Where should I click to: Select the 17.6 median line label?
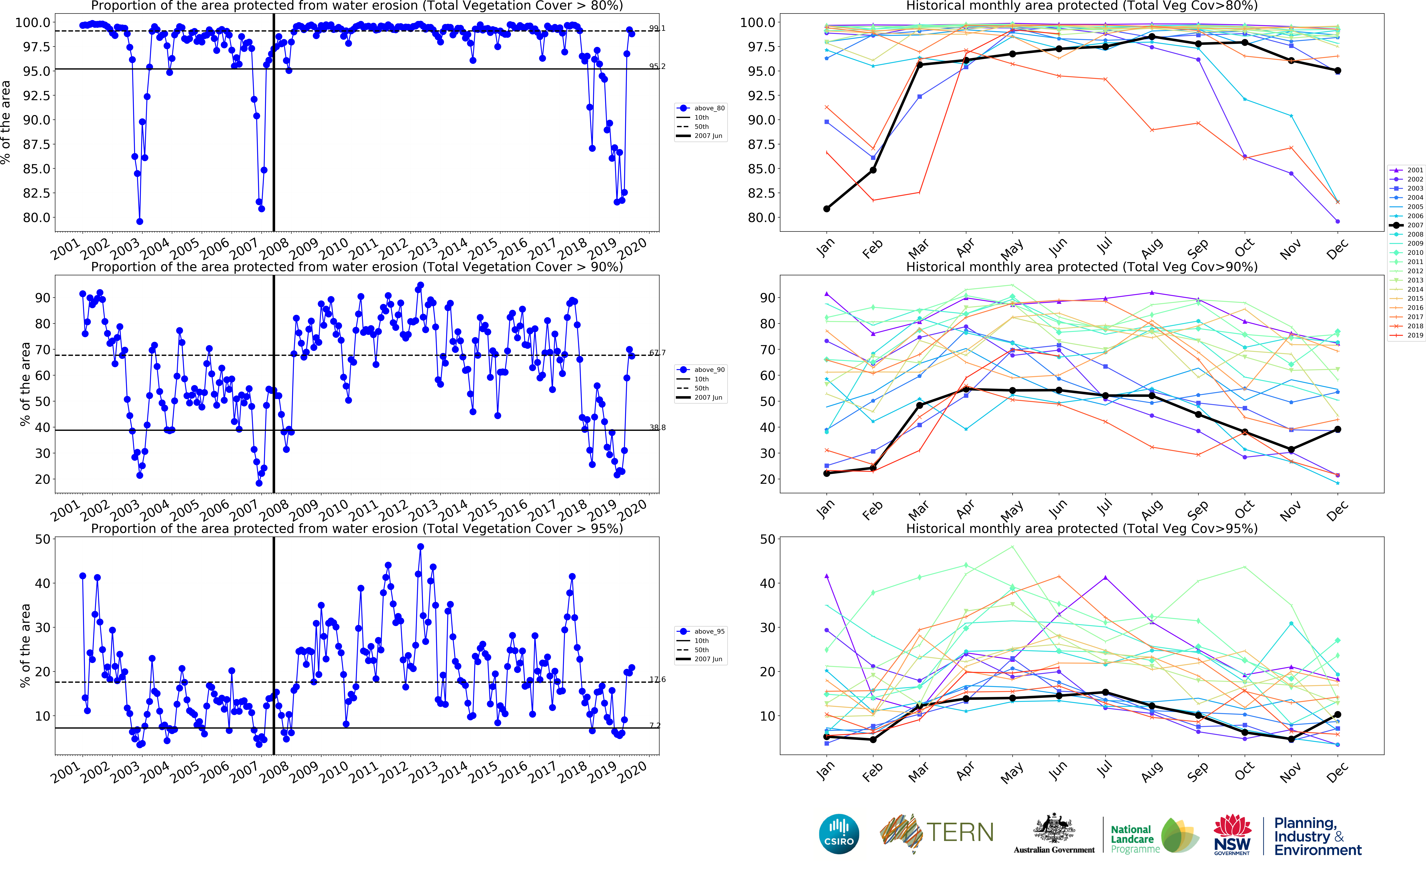pos(657,679)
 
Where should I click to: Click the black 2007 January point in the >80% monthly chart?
pos(826,209)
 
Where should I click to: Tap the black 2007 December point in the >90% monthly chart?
pos(1337,429)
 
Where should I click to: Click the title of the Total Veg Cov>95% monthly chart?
pos(1081,528)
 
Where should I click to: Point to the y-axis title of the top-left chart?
pos(6,122)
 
